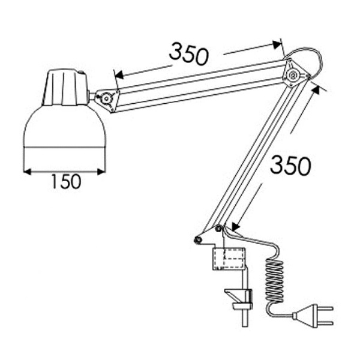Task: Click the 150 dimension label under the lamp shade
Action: [x=66, y=181]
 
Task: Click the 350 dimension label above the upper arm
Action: [x=189, y=54]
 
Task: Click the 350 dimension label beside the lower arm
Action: [x=290, y=166]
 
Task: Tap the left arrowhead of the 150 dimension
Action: [x=27, y=172]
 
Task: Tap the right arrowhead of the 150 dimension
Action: [x=101, y=172]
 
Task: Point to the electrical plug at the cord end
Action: [x=312, y=316]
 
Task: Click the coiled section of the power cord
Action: [x=275, y=282]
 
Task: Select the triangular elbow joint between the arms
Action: [x=294, y=74]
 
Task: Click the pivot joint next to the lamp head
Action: [x=107, y=99]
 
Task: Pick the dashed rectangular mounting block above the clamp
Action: [x=229, y=259]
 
